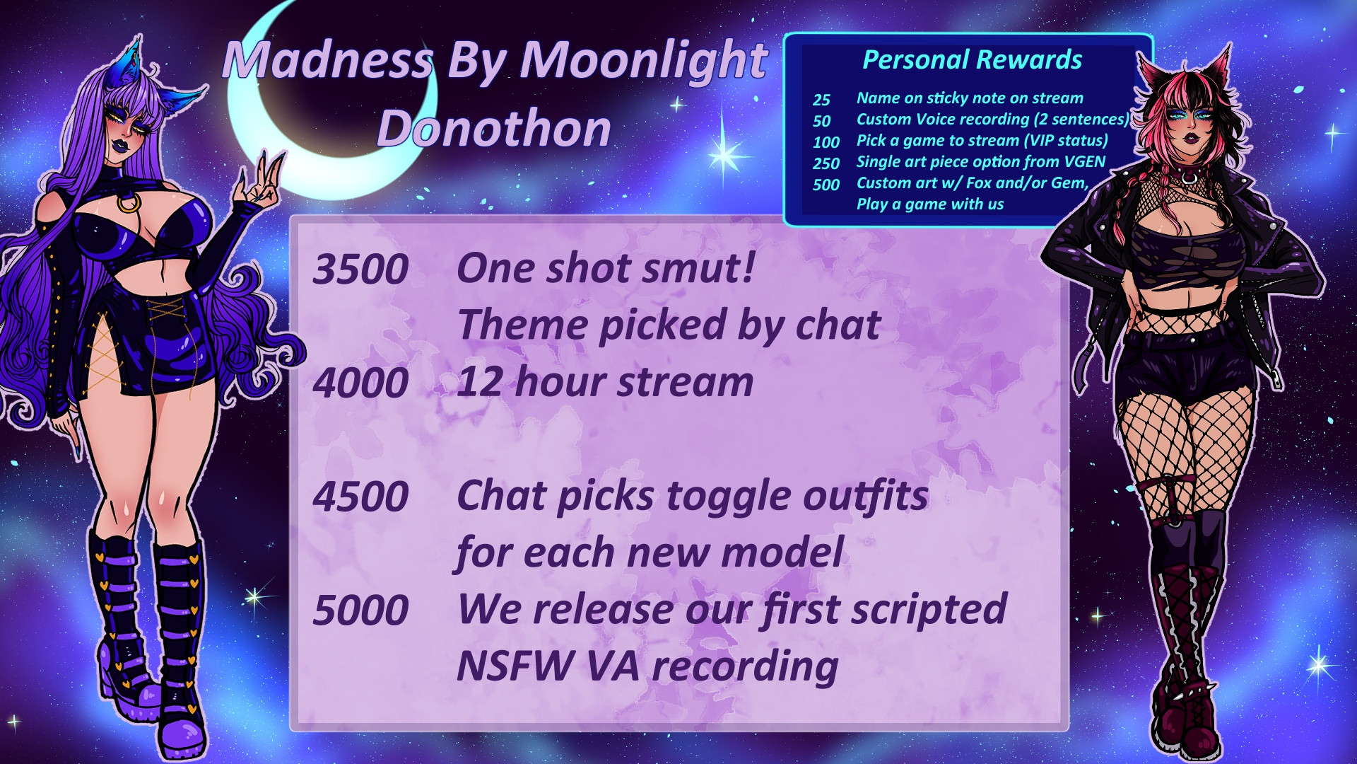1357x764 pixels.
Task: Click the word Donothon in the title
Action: [494, 129]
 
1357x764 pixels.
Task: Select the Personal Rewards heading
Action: [972, 60]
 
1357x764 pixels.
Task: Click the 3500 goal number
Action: [360, 270]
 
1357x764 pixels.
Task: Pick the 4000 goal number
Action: [360, 383]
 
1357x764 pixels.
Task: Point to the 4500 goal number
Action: [360, 496]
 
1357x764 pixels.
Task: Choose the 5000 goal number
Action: [360, 610]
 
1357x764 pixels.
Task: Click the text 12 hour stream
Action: [605, 382]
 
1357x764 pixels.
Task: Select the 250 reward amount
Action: [826, 163]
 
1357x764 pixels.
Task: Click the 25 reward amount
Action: [821, 100]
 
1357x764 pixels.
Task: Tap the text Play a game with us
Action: [930, 204]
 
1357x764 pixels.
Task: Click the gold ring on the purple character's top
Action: [128, 204]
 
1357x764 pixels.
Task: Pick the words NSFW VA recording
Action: [647, 666]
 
